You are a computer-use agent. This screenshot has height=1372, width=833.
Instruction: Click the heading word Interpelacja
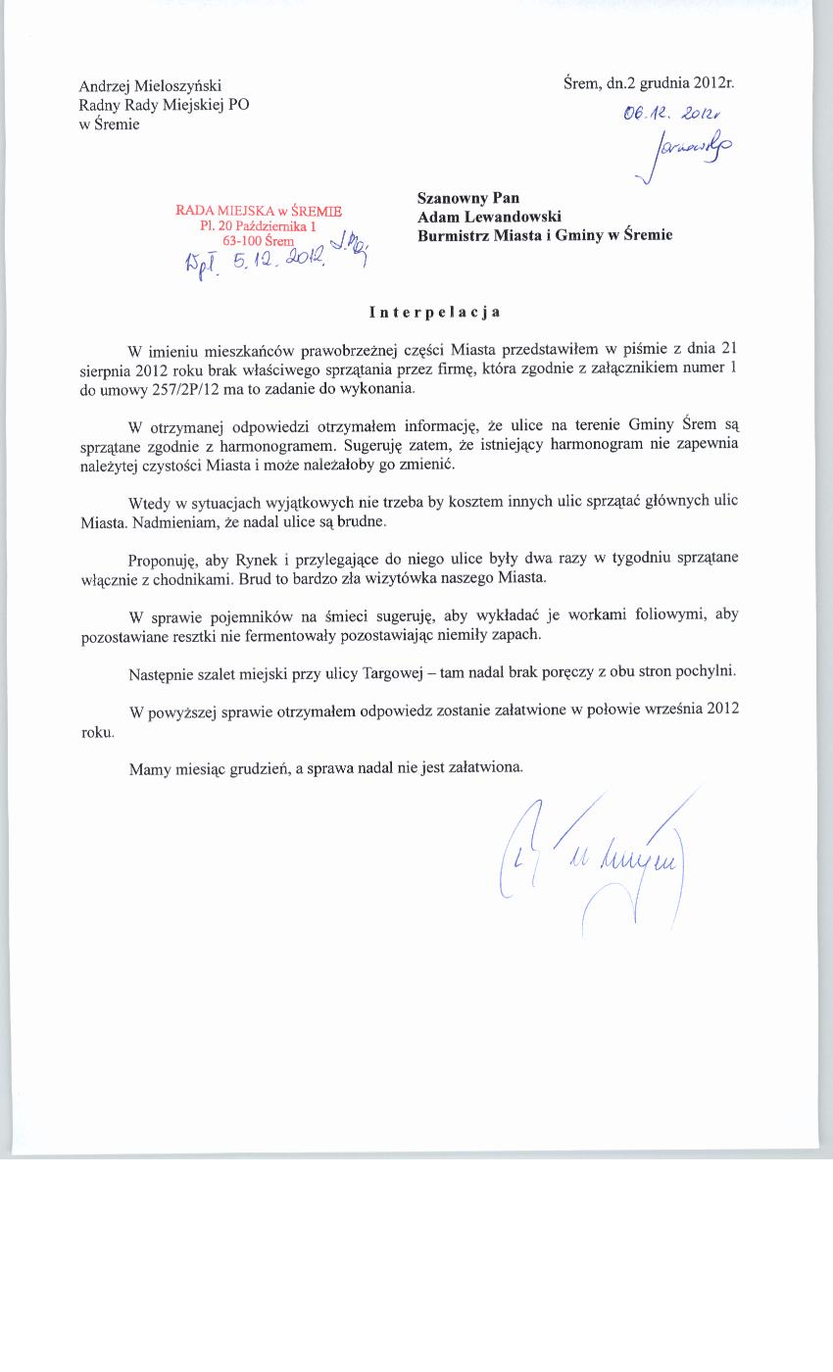(435, 313)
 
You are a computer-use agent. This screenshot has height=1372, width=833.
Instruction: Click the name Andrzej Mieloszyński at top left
(157, 86)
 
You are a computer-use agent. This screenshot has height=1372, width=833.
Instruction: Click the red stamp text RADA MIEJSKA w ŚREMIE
(259, 210)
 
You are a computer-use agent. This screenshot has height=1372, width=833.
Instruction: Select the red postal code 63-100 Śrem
(259, 240)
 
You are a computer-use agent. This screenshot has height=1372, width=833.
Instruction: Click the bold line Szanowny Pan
(468, 198)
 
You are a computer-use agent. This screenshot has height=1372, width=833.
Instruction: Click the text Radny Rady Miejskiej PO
(164, 105)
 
